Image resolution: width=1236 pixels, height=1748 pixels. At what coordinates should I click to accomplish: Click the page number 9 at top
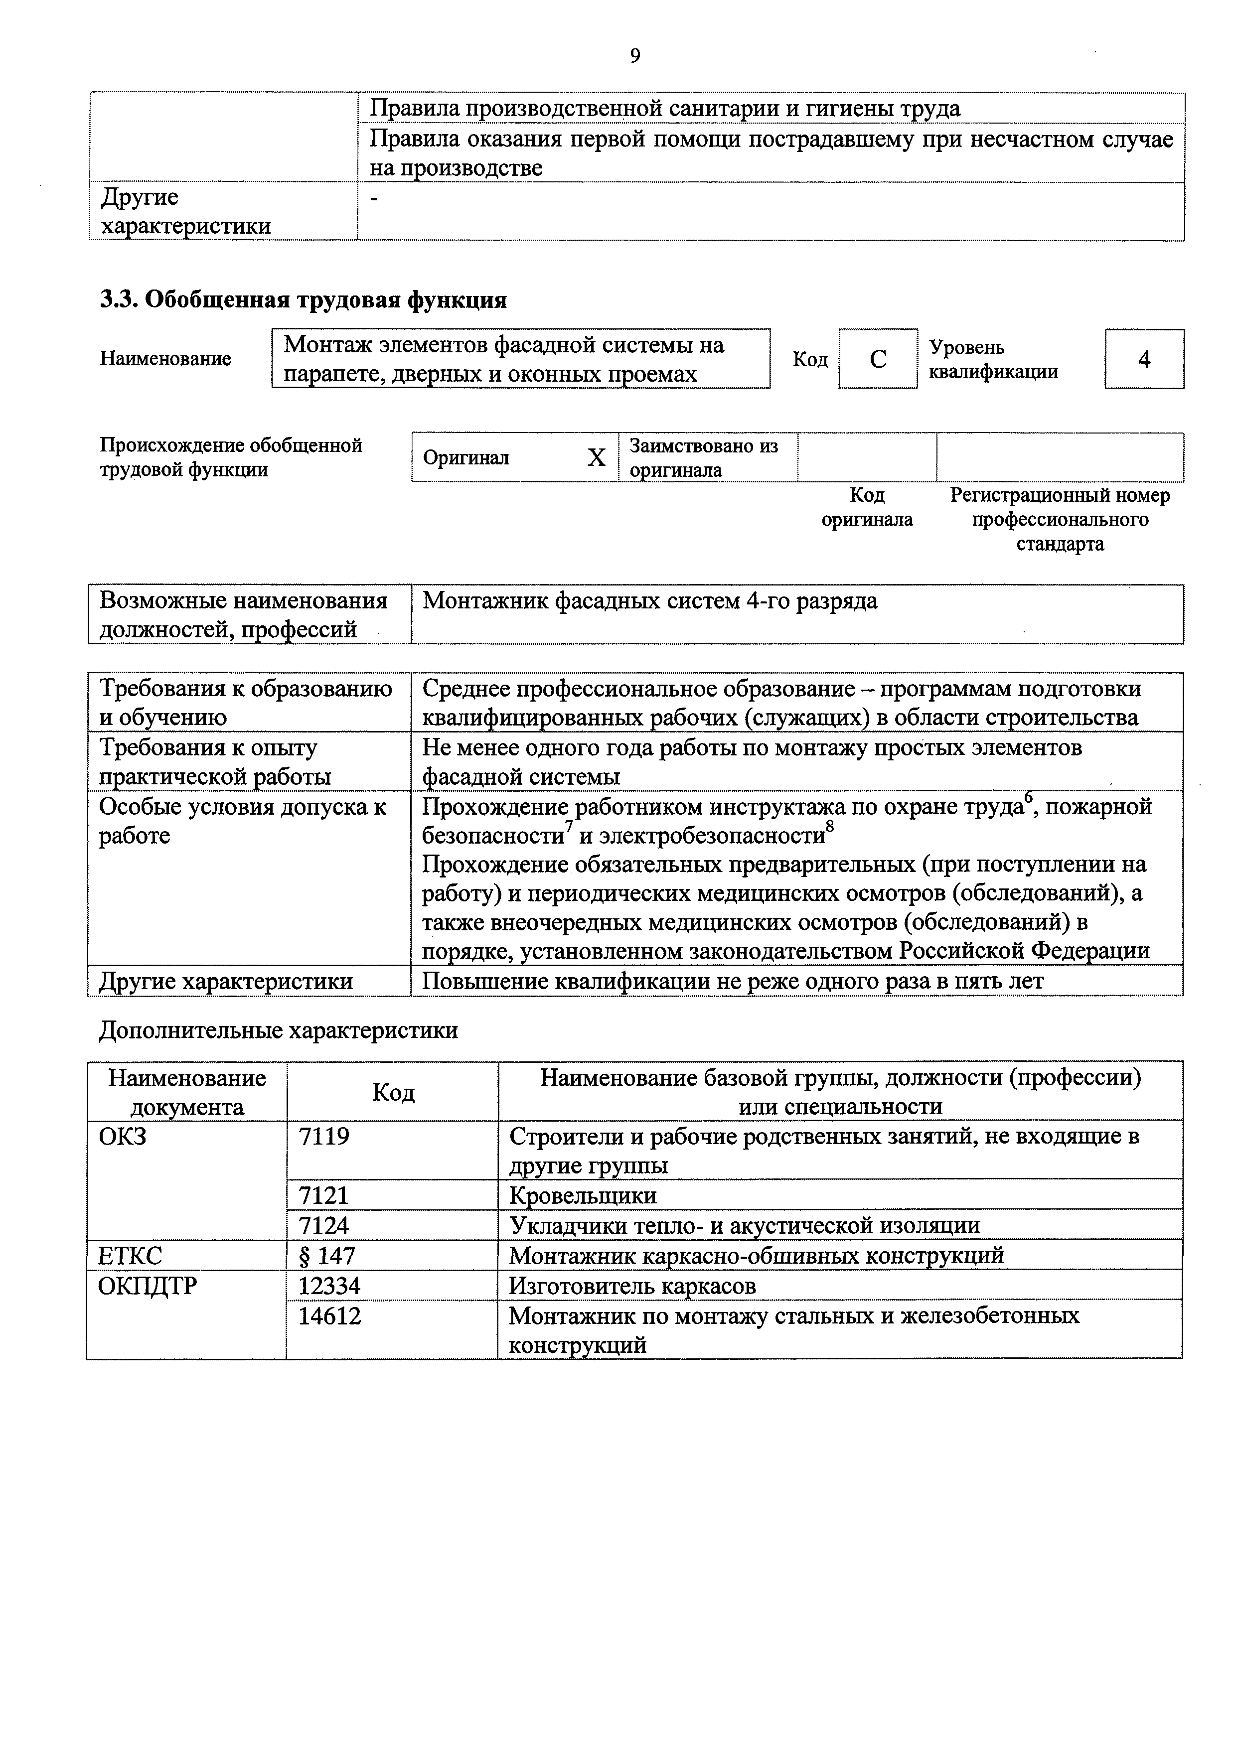tap(635, 56)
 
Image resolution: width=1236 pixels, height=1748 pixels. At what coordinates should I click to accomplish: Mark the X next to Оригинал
tap(596, 457)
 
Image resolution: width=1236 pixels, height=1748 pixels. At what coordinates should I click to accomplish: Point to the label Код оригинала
tap(867, 508)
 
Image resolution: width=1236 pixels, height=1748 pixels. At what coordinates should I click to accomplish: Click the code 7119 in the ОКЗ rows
tap(324, 1137)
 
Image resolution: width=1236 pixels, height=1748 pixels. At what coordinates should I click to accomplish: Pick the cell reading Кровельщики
tap(583, 1195)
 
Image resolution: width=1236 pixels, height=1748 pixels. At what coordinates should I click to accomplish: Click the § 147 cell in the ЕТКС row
tap(327, 1255)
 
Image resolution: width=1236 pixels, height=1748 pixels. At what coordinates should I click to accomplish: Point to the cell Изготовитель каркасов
tap(632, 1286)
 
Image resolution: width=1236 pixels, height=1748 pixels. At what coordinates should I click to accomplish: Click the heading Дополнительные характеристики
tap(279, 1031)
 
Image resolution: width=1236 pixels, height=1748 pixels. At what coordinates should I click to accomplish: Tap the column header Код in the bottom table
tap(393, 1092)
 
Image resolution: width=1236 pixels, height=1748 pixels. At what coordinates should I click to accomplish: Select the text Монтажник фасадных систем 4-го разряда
tap(649, 601)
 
